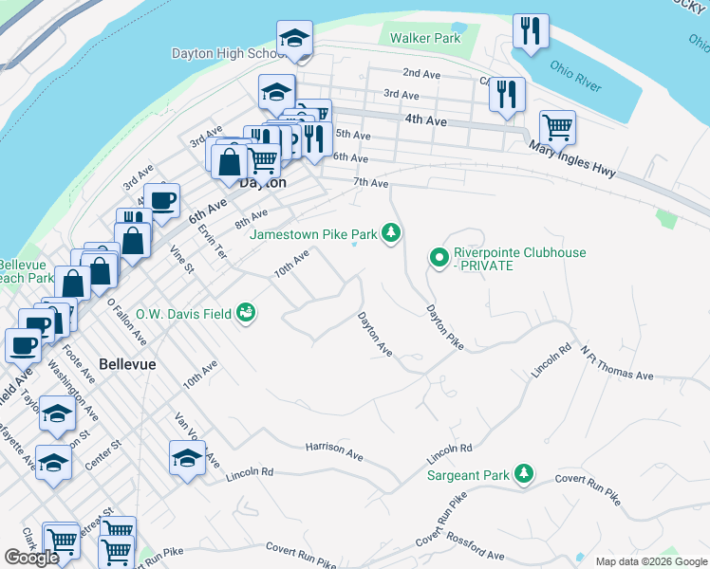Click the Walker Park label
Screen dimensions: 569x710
point(425,39)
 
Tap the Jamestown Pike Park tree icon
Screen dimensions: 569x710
point(390,233)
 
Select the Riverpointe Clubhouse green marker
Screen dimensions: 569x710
point(439,257)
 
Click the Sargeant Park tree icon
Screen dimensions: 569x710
point(523,473)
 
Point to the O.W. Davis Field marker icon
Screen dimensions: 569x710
point(246,312)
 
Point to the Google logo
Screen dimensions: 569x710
point(31,558)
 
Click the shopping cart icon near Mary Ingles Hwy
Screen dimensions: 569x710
point(556,126)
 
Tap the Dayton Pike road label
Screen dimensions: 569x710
point(443,327)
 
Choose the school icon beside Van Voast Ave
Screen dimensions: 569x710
point(187,458)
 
